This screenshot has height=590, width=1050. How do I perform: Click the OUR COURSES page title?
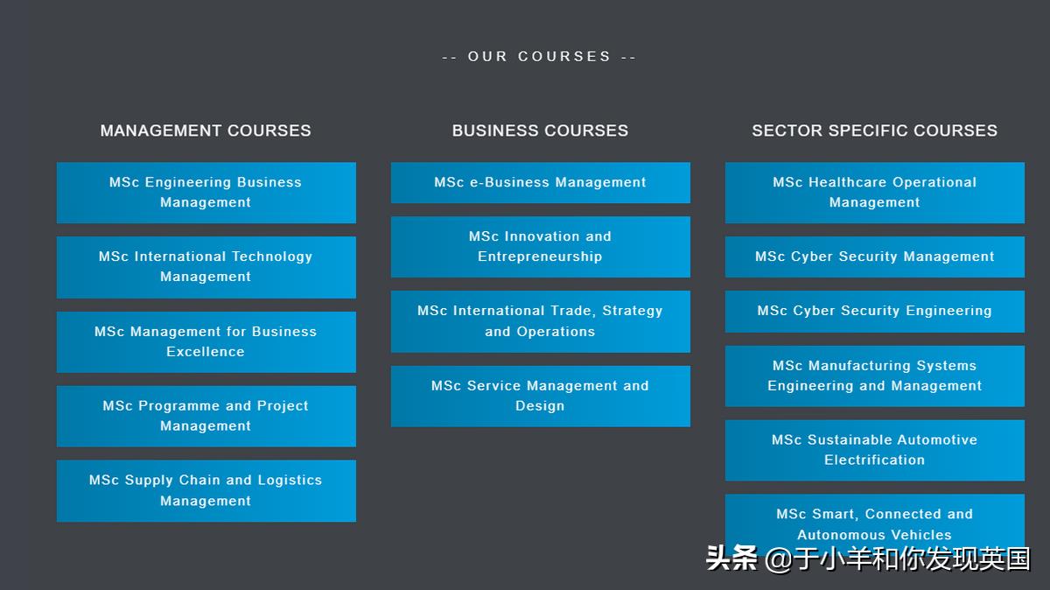(x=540, y=57)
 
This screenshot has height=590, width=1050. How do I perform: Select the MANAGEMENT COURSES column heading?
(x=206, y=130)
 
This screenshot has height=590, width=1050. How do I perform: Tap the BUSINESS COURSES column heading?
(x=540, y=130)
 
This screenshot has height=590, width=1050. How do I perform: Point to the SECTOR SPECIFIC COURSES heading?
(x=874, y=130)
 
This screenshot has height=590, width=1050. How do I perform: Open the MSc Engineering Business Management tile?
(x=206, y=193)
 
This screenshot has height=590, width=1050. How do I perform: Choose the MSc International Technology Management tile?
(x=206, y=267)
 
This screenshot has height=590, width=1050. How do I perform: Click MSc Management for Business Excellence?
(x=206, y=341)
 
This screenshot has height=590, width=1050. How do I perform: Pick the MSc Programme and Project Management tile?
(x=206, y=416)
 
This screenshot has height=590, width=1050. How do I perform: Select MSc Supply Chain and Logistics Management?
(x=206, y=490)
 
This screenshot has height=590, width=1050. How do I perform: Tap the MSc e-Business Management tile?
(x=540, y=182)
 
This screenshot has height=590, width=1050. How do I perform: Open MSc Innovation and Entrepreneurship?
(x=540, y=247)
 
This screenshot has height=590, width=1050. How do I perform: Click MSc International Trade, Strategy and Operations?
(x=540, y=321)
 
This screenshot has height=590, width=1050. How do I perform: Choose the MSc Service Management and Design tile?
(x=540, y=396)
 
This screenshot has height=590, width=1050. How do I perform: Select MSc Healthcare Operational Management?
(x=874, y=193)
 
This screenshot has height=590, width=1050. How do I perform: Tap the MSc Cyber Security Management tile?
(x=874, y=256)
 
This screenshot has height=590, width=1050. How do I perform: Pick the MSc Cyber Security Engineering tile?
(x=874, y=311)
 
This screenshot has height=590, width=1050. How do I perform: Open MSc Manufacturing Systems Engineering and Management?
(x=874, y=376)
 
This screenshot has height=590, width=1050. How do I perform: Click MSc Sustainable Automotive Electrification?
(x=874, y=450)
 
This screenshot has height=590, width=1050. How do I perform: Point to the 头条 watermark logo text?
(x=731, y=558)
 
